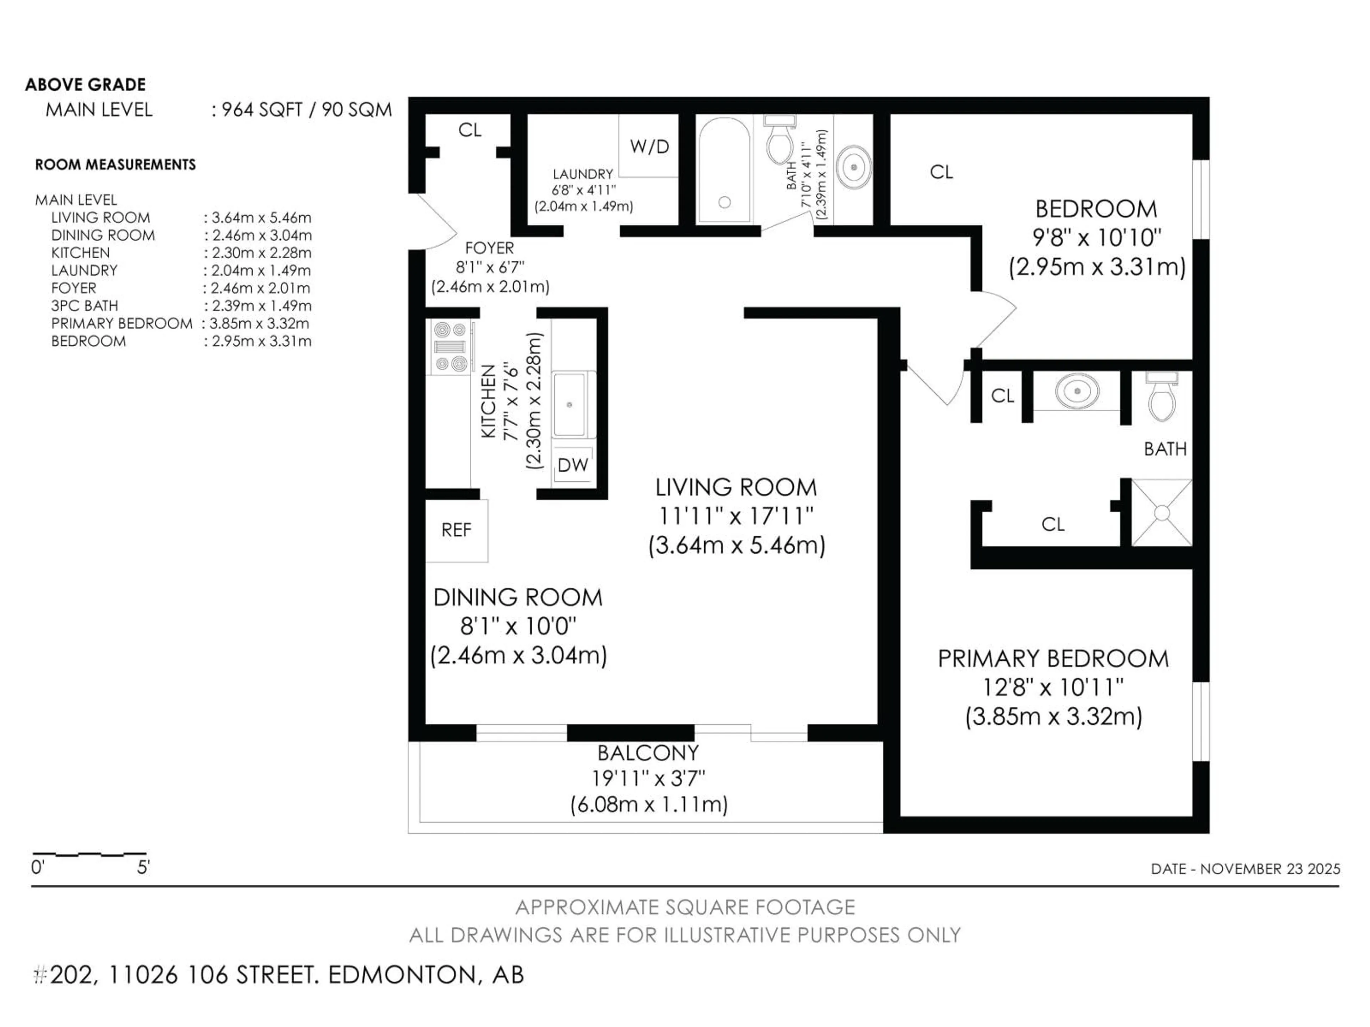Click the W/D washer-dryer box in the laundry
(649, 146)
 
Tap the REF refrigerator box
(456, 530)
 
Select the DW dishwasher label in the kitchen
(572, 465)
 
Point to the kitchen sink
(569, 404)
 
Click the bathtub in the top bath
(724, 170)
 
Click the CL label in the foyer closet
(470, 130)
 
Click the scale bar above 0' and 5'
(90, 855)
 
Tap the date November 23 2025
(1245, 869)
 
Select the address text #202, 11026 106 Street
(279, 975)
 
